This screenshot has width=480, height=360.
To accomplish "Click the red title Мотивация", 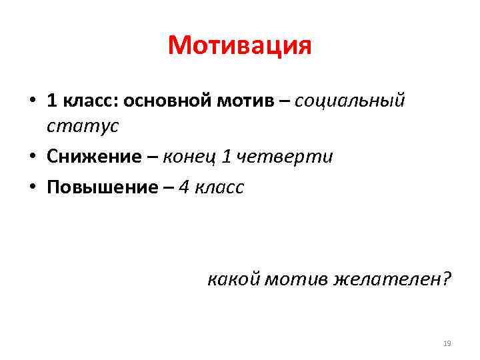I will coord(240,46).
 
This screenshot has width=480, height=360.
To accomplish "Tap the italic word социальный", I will coord(349,101).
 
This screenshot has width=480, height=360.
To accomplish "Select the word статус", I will coord(83,125).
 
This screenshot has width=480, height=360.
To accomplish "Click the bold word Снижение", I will coord(94,157).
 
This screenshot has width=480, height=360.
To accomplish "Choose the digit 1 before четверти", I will coord(227,157).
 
